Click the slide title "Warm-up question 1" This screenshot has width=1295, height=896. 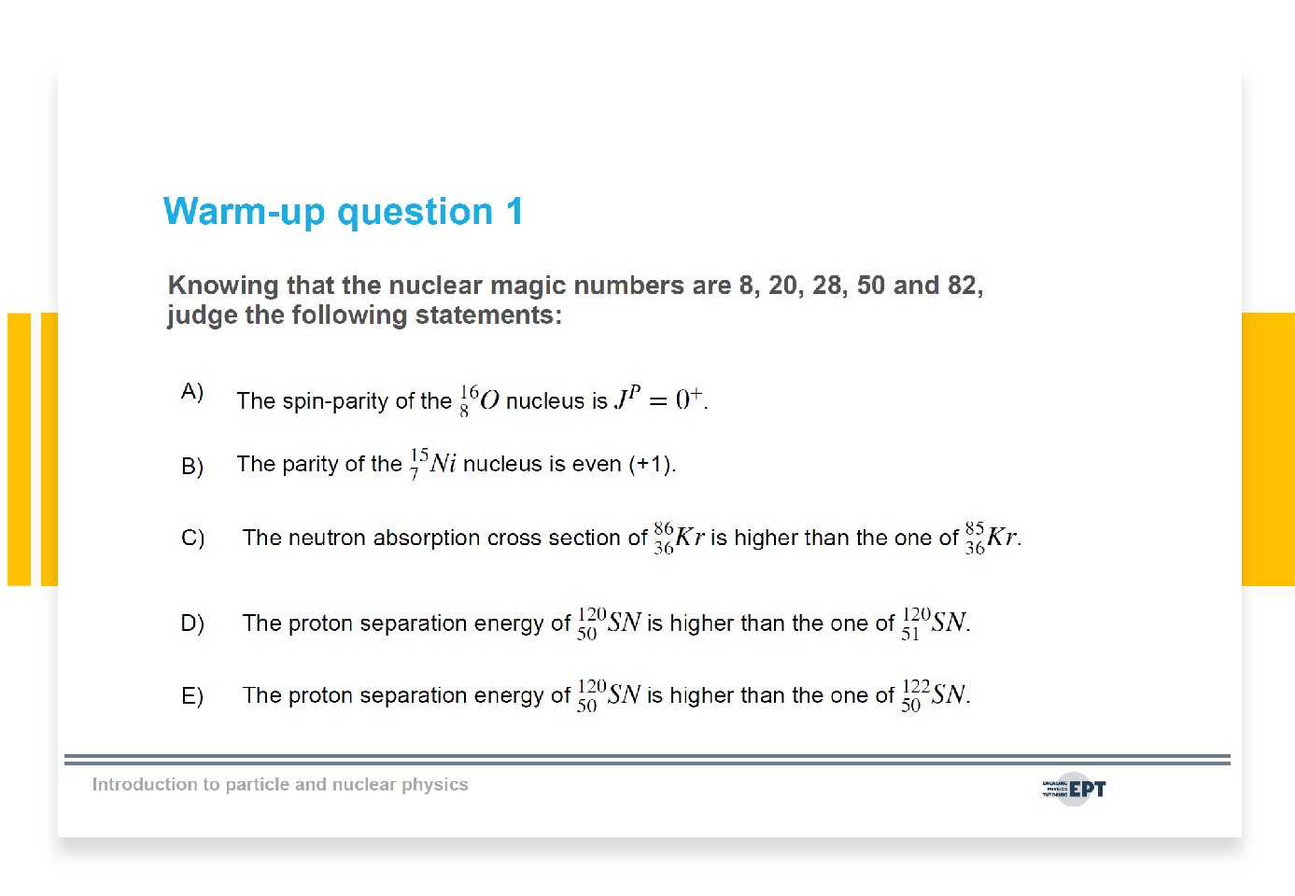tap(344, 212)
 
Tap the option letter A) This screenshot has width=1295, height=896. tap(192, 392)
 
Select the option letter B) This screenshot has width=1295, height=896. tap(192, 466)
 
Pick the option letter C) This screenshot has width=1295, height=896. tap(192, 539)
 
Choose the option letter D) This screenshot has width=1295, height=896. tap(192, 623)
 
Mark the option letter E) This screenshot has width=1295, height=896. tap(192, 696)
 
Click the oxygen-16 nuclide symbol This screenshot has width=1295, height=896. tap(479, 399)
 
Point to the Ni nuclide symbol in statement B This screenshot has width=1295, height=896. tap(433, 463)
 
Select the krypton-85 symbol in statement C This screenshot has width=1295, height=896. tap(991, 537)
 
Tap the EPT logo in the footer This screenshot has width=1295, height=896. tap(1074, 789)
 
